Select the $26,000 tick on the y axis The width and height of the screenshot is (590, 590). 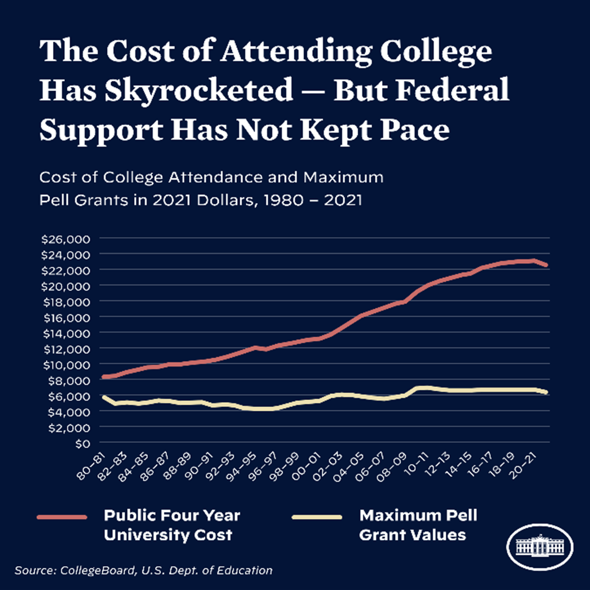[x=65, y=239]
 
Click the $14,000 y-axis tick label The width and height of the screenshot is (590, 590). [x=65, y=333]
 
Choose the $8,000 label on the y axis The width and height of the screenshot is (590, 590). [x=67, y=380]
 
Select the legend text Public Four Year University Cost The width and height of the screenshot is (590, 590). [x=172, y=525]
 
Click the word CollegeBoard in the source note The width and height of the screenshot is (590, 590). [x=97, y=571]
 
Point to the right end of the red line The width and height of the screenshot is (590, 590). [x=546, y=265]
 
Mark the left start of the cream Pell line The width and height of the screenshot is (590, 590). [x=104, y=396]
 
